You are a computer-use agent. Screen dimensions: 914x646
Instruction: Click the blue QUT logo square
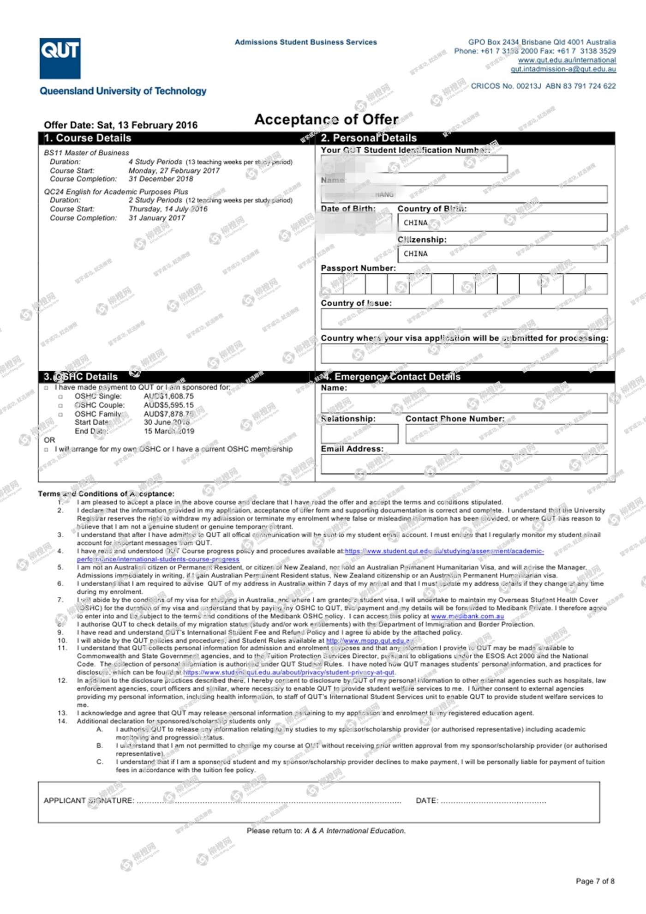click(x=60, y=58)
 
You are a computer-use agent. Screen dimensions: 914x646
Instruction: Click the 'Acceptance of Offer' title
click(x=326, y=120)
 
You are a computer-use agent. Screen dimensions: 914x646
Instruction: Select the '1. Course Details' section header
click(x=88, y=138)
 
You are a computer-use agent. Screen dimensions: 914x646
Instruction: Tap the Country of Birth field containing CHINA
click(x=502, y=222)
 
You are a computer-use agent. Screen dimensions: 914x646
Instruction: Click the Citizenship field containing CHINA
click(x=502, y=254)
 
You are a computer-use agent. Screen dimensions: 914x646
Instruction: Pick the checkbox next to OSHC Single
click(x=60, y=397)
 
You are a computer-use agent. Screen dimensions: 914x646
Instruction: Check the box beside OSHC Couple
click(x=60, y=405)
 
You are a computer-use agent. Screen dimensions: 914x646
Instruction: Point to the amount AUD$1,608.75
click(x=169, y=396)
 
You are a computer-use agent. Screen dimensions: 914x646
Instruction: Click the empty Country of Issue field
click(x=464, y=319)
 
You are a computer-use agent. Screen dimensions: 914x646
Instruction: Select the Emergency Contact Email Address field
click(x=464, y=464)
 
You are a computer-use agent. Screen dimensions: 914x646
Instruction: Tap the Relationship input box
click(x=359, y=434)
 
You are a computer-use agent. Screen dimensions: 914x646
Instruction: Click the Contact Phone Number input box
click(x=506, y=434)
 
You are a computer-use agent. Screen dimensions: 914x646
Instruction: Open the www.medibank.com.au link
click(x=467, y=616)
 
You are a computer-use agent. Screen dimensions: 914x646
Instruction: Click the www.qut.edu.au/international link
click(x=567, y=60)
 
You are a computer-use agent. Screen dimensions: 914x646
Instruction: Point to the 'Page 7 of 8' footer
click(x=595, y=881)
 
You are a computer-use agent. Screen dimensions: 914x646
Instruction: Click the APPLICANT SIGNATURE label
click(x=89, y=800)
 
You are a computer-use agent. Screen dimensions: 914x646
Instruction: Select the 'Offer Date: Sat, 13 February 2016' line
click(x=120, y=125)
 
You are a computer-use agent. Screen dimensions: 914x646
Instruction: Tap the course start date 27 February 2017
click(x=174, y=170)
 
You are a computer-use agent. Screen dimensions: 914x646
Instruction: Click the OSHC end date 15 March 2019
click(x=169, y=431)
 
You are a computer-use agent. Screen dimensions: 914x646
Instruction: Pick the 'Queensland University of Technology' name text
click(x=123, y=91)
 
